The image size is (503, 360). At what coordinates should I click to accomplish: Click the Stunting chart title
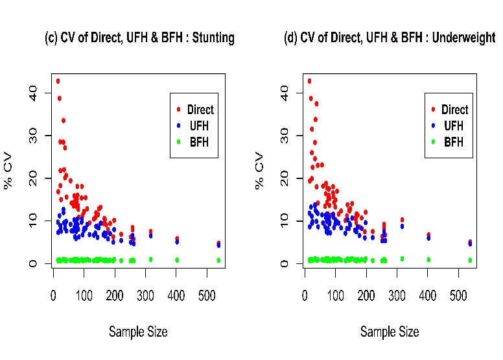tap(139, 38)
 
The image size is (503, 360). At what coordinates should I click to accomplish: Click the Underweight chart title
tap(390, 38)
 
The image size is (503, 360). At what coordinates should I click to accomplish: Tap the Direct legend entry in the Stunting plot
tap(200, 110)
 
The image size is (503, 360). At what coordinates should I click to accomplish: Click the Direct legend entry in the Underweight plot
tap(454, 110)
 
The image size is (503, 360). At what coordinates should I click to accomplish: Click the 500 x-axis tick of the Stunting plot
tap(207, 295)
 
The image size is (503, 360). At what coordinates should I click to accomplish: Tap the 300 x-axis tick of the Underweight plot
tap(397, 295)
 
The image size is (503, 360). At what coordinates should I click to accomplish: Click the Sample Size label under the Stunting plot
tap(138, 331)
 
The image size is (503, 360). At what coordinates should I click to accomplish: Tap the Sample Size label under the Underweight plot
tap(390, 331)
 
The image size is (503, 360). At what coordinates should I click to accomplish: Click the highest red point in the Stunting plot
tap(58, 81)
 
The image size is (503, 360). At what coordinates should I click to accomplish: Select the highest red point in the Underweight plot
tap(309, 81)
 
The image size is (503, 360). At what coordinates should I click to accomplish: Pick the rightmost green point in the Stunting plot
tap(218, 260)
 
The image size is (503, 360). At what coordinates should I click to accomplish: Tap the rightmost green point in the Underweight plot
tap(470, 260)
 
